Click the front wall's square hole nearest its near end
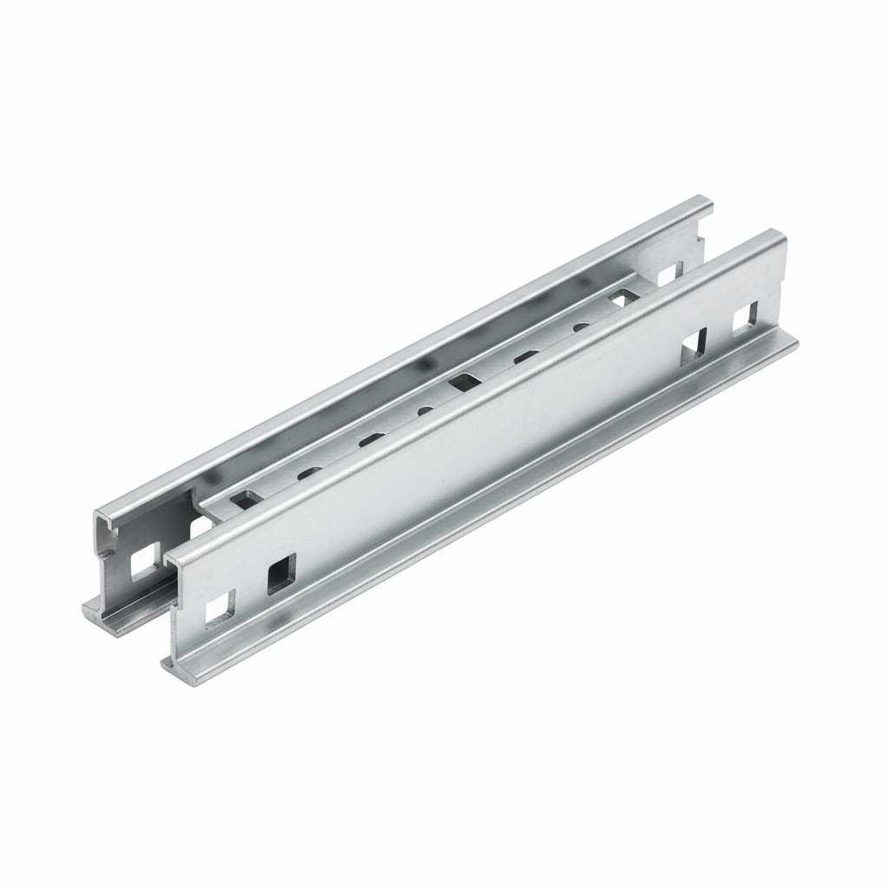[x=219, y=608]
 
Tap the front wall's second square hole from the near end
[x=281, y=573]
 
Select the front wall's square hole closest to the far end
[x=746, y=319]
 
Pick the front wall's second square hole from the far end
[x=694, y=345]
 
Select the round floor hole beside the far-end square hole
[x=582, y=326]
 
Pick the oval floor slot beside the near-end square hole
[x=307, y=474]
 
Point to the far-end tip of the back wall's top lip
[x=707, y=203]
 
